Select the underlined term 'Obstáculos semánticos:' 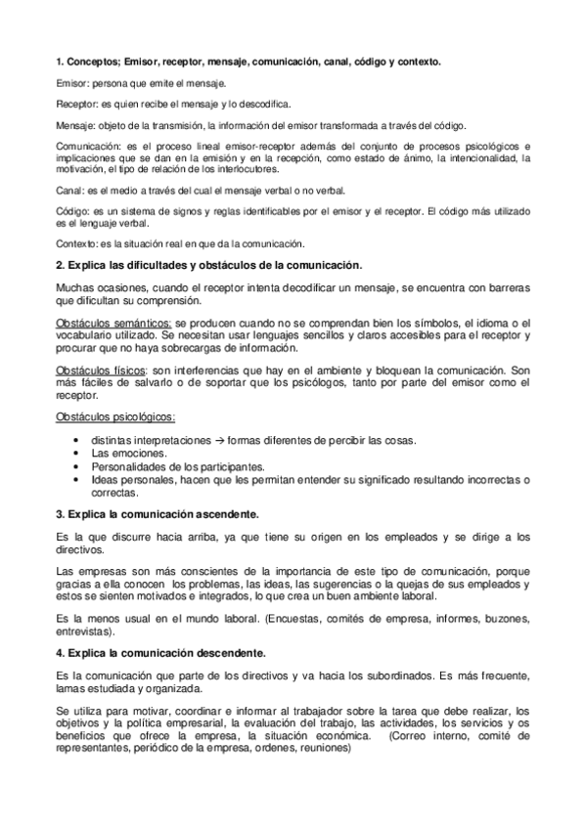114,324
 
